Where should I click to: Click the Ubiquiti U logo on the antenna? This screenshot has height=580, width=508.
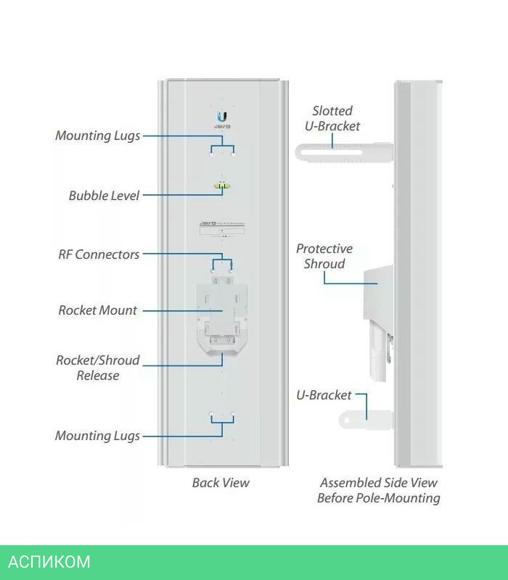tap(222, 117)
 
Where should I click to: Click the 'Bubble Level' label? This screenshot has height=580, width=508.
tap(104, 195)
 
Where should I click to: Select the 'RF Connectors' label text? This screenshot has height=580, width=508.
tap(99, 254)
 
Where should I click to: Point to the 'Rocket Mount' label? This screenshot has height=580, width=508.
tap(98, 310)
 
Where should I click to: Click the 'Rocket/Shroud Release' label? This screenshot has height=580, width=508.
tap(98, 368)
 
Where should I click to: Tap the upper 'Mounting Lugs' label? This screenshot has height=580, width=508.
tap(98, 136)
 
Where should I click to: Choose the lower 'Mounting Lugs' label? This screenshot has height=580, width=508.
tap(98, 436)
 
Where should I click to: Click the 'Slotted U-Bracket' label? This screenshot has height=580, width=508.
tap(332, 118)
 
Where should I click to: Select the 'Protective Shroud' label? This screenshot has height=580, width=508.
tap(324, 257)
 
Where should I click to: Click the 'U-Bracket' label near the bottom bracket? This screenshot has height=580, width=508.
tap(324, 395)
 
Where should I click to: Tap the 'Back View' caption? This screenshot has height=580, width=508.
tap(221, 482)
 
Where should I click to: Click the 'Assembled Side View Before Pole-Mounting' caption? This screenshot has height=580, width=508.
tap(379, 490)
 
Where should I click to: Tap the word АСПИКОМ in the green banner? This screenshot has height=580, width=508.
tap(49, 562)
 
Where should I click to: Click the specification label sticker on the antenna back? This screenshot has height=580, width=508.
tap(222, 227)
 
